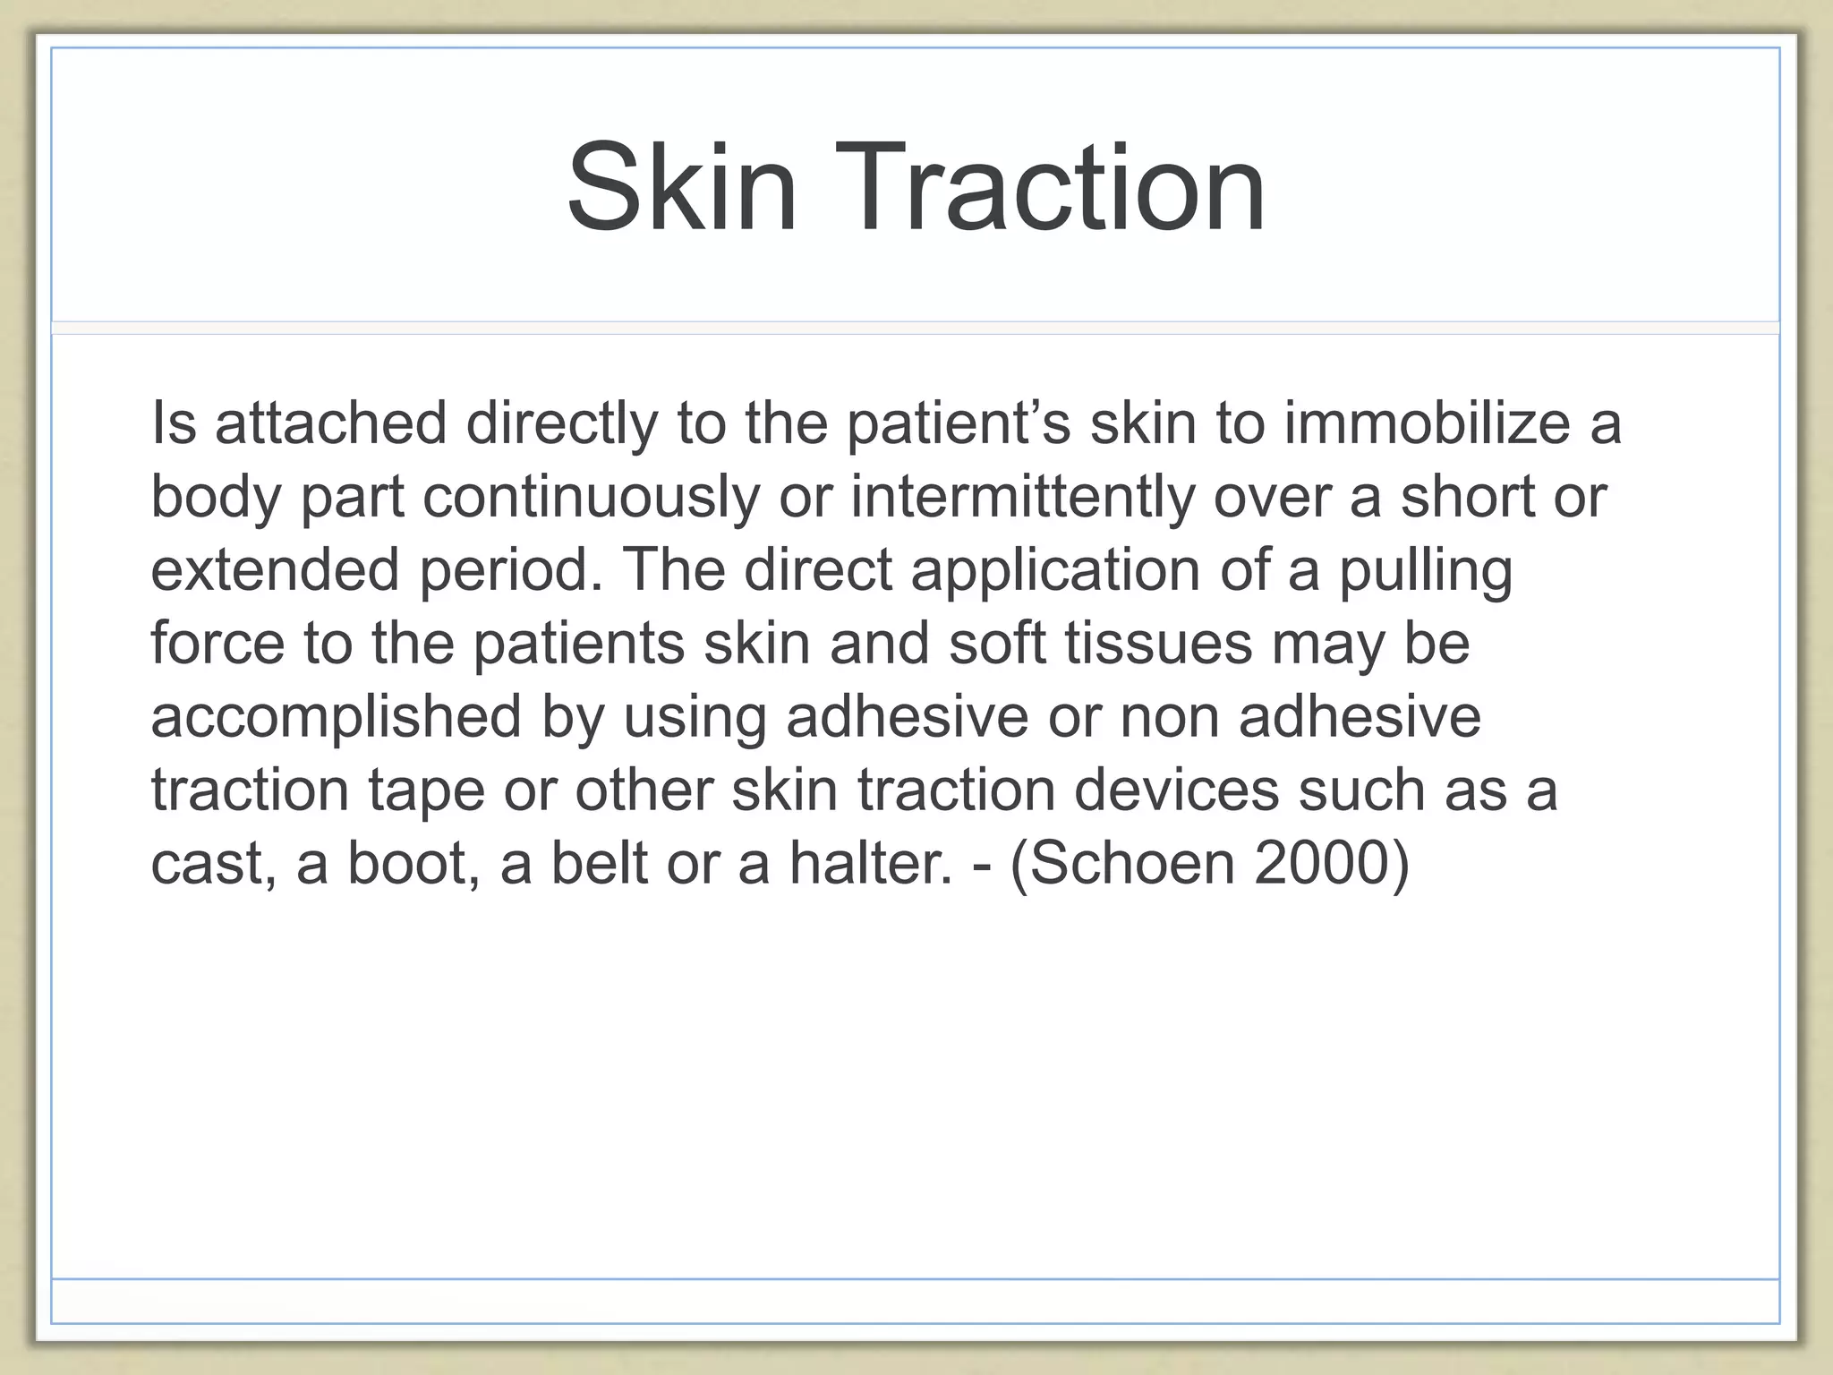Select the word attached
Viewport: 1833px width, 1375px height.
[330, 423]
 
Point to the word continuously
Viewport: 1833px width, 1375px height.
[591, 498]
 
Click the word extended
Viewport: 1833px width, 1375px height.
[275, 570]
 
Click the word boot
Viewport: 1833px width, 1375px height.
[406, 864]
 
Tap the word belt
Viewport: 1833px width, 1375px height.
[599, 864]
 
